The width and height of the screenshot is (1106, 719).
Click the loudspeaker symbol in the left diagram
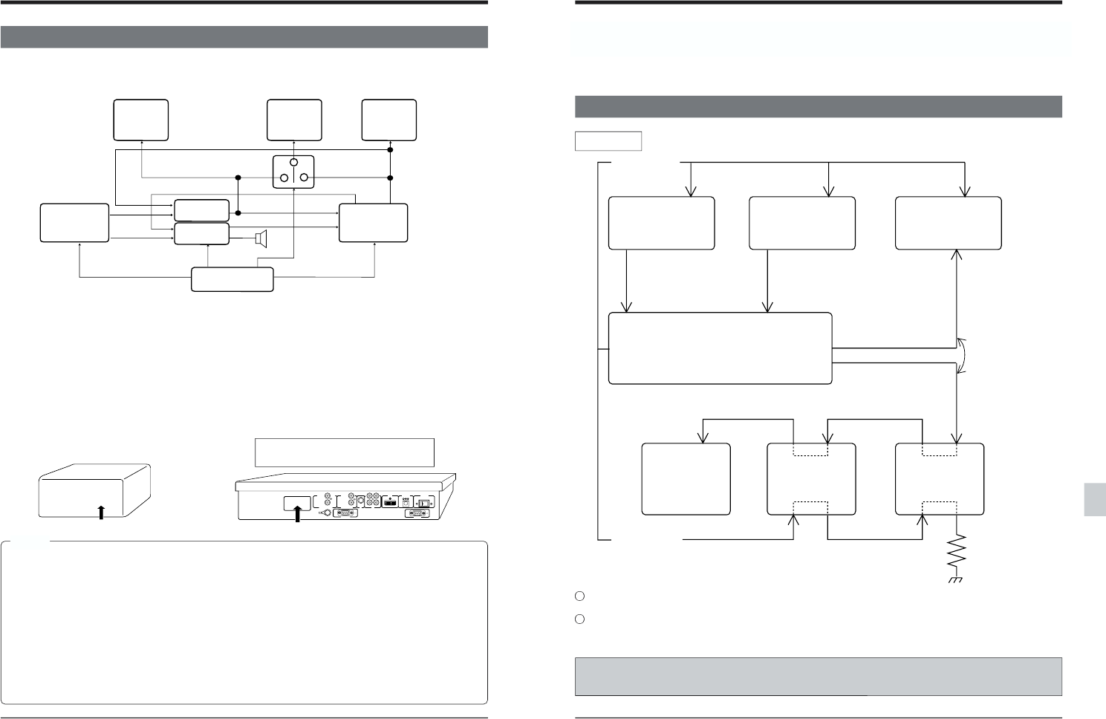tap(260, 238)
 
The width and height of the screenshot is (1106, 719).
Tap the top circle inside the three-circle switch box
tap(293, 162)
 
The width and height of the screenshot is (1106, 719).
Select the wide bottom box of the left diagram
tap(232, 279)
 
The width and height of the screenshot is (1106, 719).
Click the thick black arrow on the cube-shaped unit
tap(100, 512)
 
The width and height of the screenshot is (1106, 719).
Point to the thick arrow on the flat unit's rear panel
tap(296, 512)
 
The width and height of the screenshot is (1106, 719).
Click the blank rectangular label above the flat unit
tap(344, 452)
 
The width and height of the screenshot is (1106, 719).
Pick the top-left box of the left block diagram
tap(140, 120)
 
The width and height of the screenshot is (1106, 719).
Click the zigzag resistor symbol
tap(957, 553)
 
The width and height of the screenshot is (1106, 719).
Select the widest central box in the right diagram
tap(719, 348)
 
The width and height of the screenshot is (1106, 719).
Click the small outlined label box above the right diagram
tap(608, 141)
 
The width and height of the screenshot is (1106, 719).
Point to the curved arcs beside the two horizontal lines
tap(963, 355)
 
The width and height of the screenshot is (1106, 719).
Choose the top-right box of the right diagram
tap(948, 223)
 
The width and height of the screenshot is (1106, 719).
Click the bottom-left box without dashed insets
tap(686, 479)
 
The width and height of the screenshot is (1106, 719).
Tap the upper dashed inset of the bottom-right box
tap(940, 450)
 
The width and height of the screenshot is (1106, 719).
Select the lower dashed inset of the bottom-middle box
tap(810, 509)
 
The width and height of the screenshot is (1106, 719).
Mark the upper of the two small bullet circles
tap(581, 596)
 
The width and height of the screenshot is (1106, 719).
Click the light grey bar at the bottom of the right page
tap(817, 675)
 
